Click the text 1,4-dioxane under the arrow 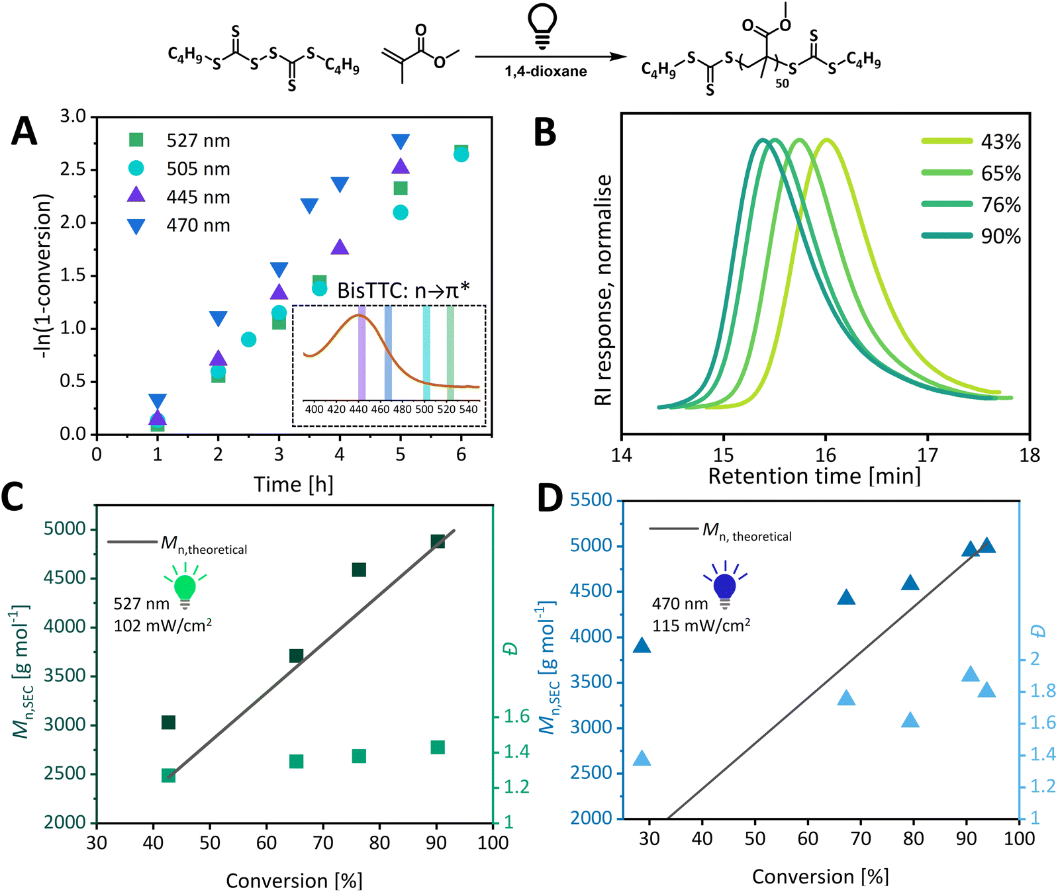(546, 71)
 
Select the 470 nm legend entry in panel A (197, 226)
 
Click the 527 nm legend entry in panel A (197, 140)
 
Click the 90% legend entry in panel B (1000, 236)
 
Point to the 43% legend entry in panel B (1000, 142)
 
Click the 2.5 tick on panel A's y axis (73, 169)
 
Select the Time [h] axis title (293, 484)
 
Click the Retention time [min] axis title (814, 476)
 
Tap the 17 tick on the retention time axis (928, 455)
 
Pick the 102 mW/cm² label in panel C (162, 625)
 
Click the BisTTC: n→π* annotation (403, 290)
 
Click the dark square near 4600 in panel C (359, 570)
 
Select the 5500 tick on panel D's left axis (591, 500)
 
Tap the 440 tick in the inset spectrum (358, 409)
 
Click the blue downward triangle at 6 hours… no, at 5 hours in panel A (401, 142)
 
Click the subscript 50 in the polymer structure (782, 83)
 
